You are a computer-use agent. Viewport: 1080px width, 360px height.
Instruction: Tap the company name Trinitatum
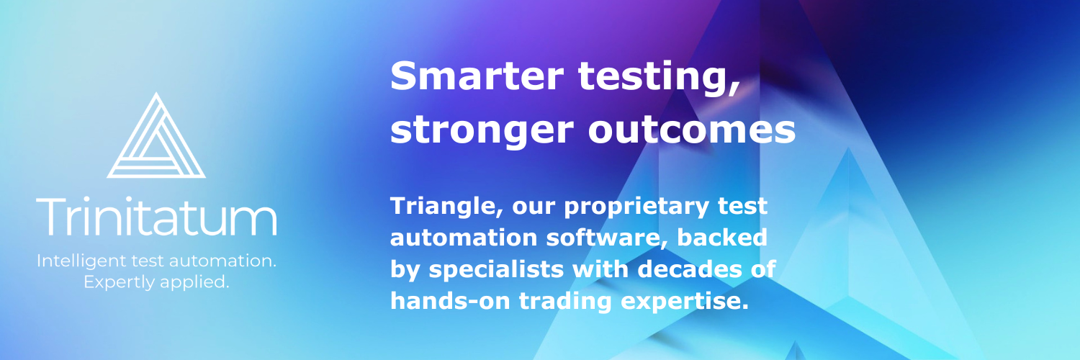tap(157, 217)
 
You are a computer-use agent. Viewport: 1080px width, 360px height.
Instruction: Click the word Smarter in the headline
tap(477, 76)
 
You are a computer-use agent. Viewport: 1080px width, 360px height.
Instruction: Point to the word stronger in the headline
tap(482, 132)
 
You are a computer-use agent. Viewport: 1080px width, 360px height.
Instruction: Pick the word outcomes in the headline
tap(692, 130)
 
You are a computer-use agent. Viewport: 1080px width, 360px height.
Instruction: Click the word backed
tap(722, 238)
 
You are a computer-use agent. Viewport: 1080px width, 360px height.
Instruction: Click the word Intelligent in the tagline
tap(81, 261)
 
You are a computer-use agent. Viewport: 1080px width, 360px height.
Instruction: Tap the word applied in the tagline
tap(194, 283)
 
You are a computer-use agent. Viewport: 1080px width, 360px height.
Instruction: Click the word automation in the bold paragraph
tap(464, 238)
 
